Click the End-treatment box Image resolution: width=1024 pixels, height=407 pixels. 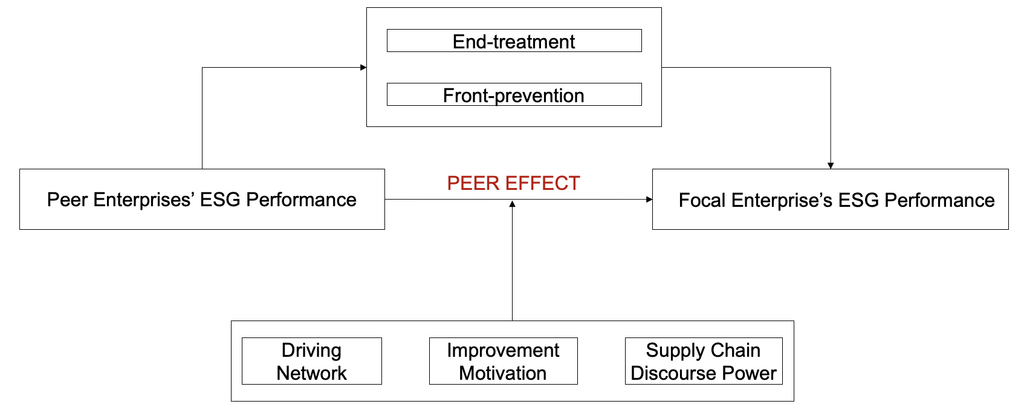(x=514, y=41)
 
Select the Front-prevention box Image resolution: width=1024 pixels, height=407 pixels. (x=514, y=95)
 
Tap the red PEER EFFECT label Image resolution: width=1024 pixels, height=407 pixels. (x=513, y=183)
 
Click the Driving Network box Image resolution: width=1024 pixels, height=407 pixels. (x=311, y=361)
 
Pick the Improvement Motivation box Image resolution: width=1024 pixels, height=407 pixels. (x=503, y=361)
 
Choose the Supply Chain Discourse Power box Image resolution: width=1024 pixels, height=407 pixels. (x=703, y=361)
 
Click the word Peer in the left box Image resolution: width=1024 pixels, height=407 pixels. (x=67, y=200)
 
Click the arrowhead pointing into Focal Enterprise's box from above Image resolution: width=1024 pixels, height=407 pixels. (x=831, y=166)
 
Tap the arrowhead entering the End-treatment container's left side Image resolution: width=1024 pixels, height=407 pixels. (x=363, y=67)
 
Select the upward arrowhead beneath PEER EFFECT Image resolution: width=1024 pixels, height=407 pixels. (x=512, y=204)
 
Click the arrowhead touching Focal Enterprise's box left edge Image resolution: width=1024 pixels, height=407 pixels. (x=649, y=199)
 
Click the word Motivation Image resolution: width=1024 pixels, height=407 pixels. (x=503, y=373)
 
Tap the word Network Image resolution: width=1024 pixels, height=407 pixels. (x=311, y=373)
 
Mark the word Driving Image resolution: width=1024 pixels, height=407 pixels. (x=311, y=350)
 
